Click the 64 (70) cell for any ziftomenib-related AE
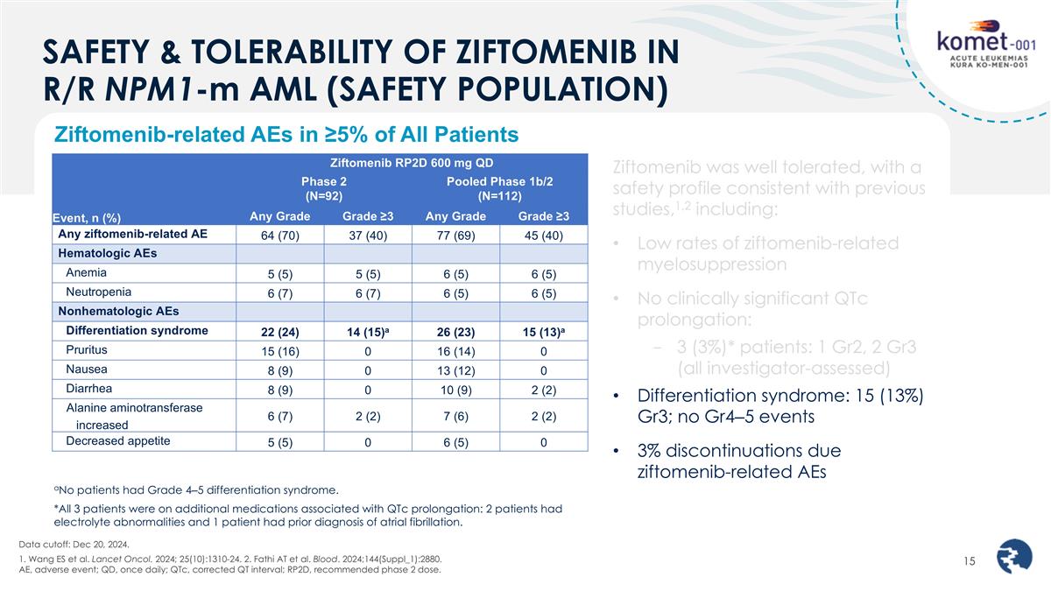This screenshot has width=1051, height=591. pos(281,236)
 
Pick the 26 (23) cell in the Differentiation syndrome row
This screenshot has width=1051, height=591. pos(456,332)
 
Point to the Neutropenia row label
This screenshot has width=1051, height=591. pos(97,292)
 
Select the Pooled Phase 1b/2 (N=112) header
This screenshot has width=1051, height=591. pos(499,188)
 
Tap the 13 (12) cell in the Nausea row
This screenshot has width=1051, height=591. pos(456,370)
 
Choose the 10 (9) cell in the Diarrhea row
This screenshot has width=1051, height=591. pos(456,390)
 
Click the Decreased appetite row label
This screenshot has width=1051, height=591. pos(118,440)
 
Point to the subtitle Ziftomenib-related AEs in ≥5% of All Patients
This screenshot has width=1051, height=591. pos(286,135)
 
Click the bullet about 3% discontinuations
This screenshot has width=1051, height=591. pos(738,461)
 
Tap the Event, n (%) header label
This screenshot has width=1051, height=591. pos(88,218)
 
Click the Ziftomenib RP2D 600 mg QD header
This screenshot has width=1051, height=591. pos(411,163)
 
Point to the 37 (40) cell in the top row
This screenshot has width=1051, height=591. pos(368,236)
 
